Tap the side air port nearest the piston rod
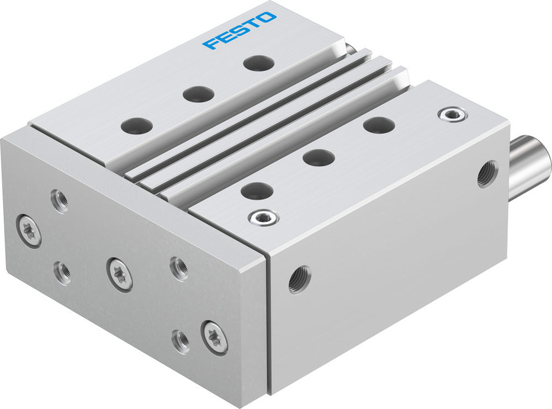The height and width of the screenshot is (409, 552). click(487, 174)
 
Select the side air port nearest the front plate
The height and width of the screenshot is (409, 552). click(299, 279)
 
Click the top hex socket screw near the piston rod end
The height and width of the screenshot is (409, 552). click(453, 114)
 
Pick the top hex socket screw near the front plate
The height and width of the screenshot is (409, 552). click(263, 217)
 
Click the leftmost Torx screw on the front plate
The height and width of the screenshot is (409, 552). click(29, 231)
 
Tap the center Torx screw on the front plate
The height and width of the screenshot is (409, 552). click(120, 273)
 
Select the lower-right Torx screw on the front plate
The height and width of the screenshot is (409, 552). click(214, 337)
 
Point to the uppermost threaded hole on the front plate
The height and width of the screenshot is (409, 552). click(60, 200)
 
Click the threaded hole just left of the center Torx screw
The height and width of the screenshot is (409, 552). click(62, 272)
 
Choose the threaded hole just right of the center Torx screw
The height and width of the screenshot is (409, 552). click(179, 268)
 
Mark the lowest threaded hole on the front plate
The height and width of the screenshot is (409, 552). click(181, 341)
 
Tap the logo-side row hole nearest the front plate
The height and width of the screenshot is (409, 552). click(136, 126)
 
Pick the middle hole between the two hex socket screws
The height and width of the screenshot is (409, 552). click(319, 158)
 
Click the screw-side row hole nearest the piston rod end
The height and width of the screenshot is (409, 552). click(379, 125)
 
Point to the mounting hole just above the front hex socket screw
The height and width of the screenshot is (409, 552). click(257, 191)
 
